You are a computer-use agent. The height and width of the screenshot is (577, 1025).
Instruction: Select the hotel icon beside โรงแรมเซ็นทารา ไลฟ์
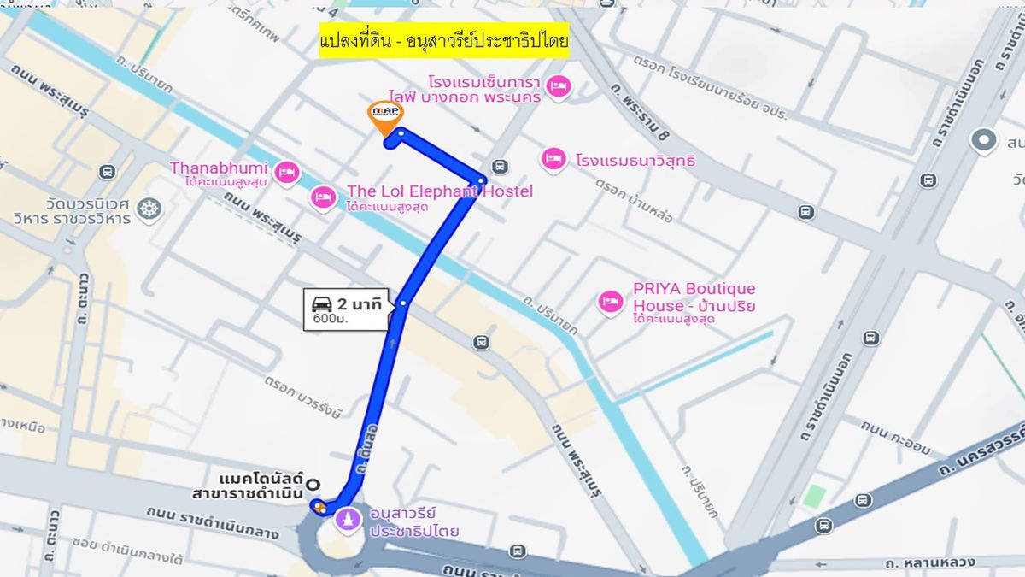point(559,85)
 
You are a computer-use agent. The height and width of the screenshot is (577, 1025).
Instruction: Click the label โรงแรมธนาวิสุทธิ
point(635,160)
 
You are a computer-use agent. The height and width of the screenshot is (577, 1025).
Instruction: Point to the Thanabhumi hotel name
point(218,168)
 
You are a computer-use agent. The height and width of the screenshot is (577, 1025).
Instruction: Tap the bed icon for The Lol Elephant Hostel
point(323,197)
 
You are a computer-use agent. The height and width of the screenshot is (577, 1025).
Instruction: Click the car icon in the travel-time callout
point(322,304)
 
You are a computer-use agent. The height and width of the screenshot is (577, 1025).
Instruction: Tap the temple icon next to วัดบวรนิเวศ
point(149,209)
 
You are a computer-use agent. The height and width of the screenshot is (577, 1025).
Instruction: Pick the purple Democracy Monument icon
point(348,519)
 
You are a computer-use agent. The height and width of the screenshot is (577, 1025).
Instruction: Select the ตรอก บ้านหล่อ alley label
point(634,202)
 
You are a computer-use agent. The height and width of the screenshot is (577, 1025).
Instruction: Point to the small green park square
point(815,496)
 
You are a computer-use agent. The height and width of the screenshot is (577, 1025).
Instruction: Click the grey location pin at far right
point(984,140)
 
